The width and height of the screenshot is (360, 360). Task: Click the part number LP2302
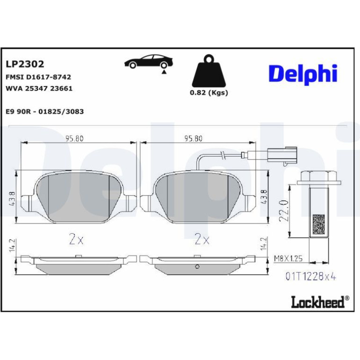[25, 64]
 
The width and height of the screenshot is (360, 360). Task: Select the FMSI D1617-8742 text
[38, 77]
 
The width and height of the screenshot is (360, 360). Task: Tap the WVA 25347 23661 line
[39, 88]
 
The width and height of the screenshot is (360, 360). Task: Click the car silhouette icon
[149, 63]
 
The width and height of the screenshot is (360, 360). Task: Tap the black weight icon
[209, 70]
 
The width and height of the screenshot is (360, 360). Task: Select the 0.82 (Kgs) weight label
[209, 93]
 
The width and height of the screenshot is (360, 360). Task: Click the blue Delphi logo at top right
[303, 74]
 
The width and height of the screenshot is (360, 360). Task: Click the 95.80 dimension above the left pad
[74, 138]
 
